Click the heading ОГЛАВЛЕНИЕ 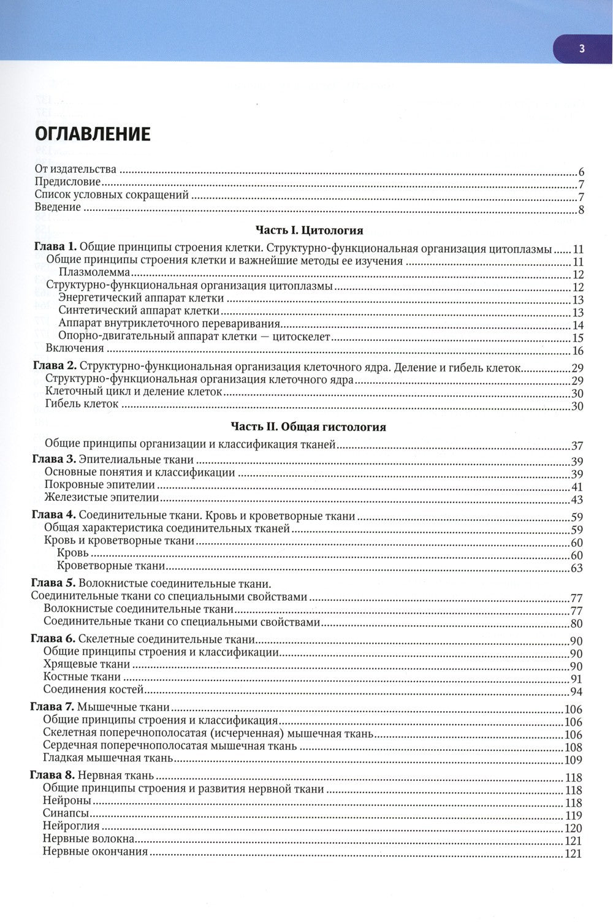[93, 134]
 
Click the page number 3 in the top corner [582, 50]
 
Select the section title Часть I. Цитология [309, 230]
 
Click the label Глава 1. [55, 248]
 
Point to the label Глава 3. [53, 459]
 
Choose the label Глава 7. [53, 707]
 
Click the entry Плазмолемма [94, 273]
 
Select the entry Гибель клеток [82, 404]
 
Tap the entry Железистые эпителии [101, 498]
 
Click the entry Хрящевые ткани [87, 664]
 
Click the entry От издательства [75, 169]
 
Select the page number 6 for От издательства [581, 172]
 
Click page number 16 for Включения [577, 351]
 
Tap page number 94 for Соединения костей [576, 692]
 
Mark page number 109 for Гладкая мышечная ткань [572, 760]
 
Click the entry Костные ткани [82, 677]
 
